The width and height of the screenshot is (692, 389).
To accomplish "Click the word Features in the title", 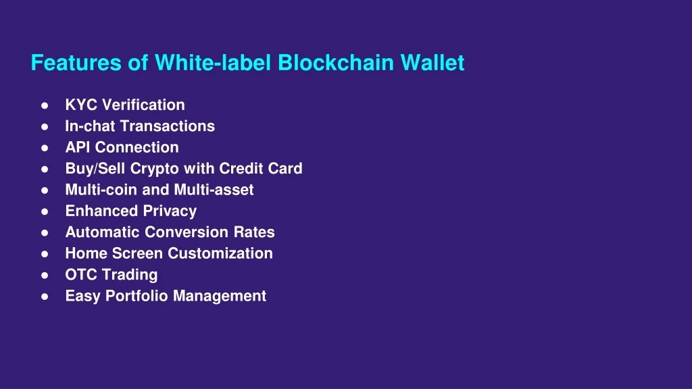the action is (76, 63).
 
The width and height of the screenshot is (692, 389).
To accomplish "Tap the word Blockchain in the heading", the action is (336, 63).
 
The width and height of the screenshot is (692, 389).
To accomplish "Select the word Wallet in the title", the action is (432, 63).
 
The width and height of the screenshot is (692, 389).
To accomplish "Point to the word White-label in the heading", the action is (213, 63).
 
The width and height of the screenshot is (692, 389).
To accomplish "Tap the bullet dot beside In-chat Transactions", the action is (45, 126).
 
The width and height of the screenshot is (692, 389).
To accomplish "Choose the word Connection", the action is (137, 147).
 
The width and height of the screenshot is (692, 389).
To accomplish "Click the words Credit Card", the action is (261, 168).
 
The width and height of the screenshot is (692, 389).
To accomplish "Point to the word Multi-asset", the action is (214, 190).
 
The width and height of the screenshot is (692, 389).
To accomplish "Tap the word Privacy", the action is (170, 211).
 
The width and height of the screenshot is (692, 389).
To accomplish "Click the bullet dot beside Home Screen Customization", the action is (45, 254).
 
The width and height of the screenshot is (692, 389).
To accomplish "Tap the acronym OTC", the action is (81, 274).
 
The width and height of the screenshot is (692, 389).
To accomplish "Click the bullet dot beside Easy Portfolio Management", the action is (45, 296).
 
